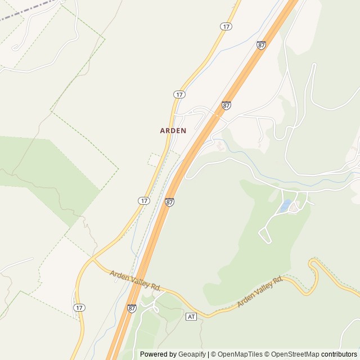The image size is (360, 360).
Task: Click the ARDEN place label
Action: pyautogui.click(x=173, y=130)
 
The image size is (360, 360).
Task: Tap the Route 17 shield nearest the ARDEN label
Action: pyautogui.click(x=179, y=94)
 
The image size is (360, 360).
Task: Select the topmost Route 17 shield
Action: pyautogui.click(x=226, y=26)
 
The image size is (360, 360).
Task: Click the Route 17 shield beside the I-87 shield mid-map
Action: pyautogui.click(x=144, y=200)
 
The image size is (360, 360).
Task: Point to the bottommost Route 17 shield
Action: pyautogui.click(x=79, y=308)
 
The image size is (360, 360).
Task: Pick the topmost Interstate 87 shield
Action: pyautogui.click(x=261, y=44)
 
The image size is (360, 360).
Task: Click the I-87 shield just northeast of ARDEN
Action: pyautogui.click(x=226, y=105)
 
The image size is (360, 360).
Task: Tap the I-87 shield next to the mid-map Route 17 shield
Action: pyautogui.click(x=169, y=201)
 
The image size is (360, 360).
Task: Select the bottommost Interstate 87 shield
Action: pyautogui.click(x=132, y=308)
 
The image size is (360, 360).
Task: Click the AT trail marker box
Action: pyautogui.click(x=191, y=317)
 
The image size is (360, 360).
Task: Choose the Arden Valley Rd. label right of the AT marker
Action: pyautogui.click(x=259, y=292)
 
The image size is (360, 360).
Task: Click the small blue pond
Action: pyautogui.click(x=286, y=205)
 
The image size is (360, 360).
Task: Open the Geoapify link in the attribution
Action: pyautogui.click(x=192, y=354)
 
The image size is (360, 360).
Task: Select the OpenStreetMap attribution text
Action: pyautogui.click(x=293, y=354)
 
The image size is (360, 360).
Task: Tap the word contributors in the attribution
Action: pyautogui.click(x=339, y=354)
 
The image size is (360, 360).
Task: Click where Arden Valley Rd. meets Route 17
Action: pyautogui.click(x=92, y=260)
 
